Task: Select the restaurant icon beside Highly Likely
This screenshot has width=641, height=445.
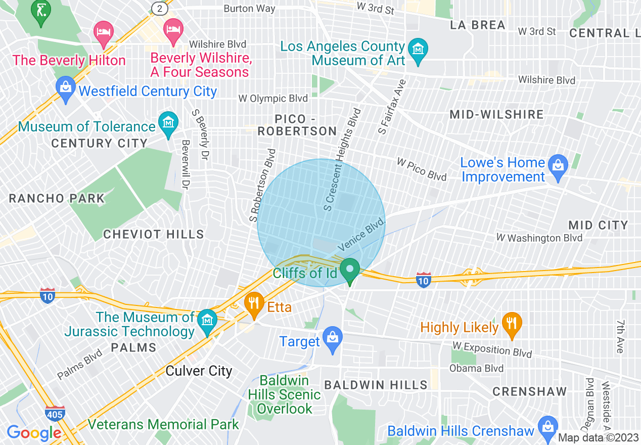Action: coord(512,324)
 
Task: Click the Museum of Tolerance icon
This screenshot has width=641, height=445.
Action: coord(168,123)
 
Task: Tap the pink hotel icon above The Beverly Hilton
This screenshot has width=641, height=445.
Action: coord(104,31)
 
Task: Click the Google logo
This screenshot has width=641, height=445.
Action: coord(34,433)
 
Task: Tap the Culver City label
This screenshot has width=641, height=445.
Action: coord(199,371)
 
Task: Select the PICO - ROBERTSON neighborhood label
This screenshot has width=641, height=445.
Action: coord(297,125)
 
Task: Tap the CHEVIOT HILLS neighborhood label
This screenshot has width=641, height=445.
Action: coord(154,234)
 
